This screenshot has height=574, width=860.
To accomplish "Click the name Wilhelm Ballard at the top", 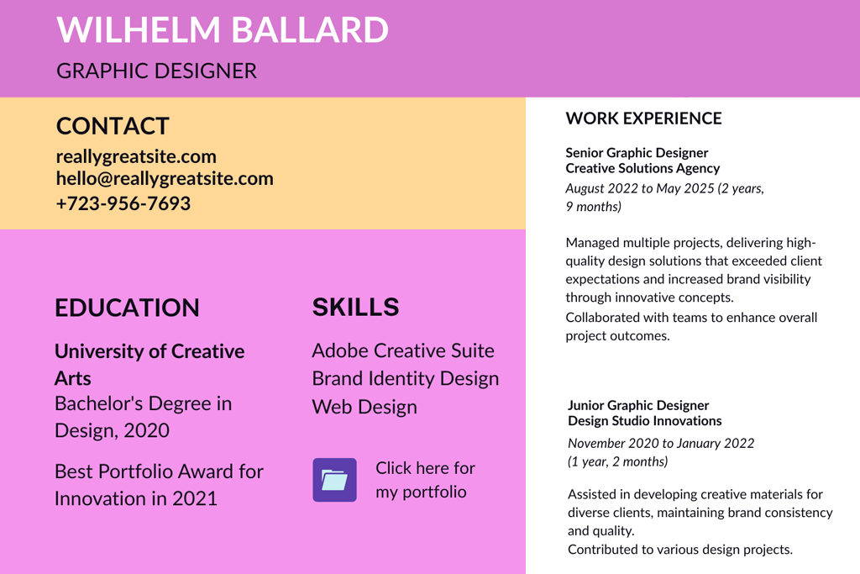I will pos(223,29).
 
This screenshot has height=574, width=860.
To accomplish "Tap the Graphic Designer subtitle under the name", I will pos(156,71).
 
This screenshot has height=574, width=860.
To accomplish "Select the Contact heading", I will pos(113,126).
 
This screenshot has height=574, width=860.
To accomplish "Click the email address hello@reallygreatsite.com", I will pos(165,178).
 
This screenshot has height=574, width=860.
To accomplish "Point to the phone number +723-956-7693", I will pos(123,203).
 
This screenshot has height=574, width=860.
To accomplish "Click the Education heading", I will pos(127,308).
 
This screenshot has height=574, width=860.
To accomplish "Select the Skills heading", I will pos(355,308).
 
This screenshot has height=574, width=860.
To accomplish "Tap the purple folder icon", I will pos(334,480).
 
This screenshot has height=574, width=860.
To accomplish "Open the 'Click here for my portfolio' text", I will pos(425,480).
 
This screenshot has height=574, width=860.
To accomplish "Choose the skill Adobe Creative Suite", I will pos(403,350).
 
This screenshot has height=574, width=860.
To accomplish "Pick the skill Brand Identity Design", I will pos(405,379).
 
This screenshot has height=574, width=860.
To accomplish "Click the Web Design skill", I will pos(364,407).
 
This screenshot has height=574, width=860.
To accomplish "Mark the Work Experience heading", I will pos(643,118).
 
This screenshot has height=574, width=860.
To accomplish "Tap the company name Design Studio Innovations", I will pos(644,421).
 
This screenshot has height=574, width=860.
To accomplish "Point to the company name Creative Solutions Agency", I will pos(642,168).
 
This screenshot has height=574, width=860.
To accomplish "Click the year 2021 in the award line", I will pos(195,498).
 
